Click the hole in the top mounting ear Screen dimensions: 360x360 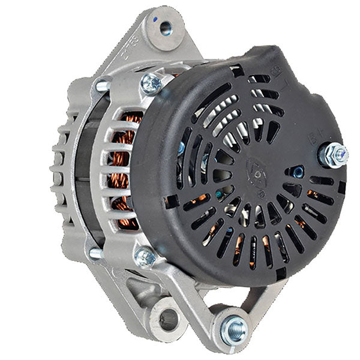pos(163,27)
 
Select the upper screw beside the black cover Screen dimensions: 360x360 pos(151,83)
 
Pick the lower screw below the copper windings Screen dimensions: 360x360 pos(145,257)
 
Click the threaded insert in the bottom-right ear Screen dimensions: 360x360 pos(233,328)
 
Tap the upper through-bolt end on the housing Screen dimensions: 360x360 pos(100,86)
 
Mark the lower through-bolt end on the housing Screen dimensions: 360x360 pos(94,253)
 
